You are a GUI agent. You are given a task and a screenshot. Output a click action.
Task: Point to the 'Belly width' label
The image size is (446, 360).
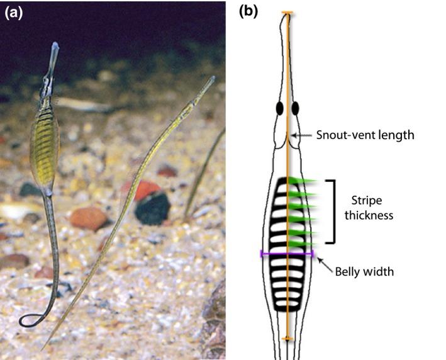coord(365,272)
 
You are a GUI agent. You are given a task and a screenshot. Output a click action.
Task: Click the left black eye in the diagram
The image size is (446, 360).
coord(278,109)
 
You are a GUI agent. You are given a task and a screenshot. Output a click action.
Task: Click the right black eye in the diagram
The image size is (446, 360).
coord(295,109)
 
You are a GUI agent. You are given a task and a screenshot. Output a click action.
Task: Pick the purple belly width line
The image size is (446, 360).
coord(287,254)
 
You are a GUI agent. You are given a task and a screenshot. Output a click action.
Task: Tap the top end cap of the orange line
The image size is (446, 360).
coord(287,13)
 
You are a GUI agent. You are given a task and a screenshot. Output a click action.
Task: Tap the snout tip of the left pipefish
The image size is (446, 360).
coord(55,46)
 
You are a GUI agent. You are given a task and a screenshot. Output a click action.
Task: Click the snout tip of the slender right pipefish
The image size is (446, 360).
coord(213,79)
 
